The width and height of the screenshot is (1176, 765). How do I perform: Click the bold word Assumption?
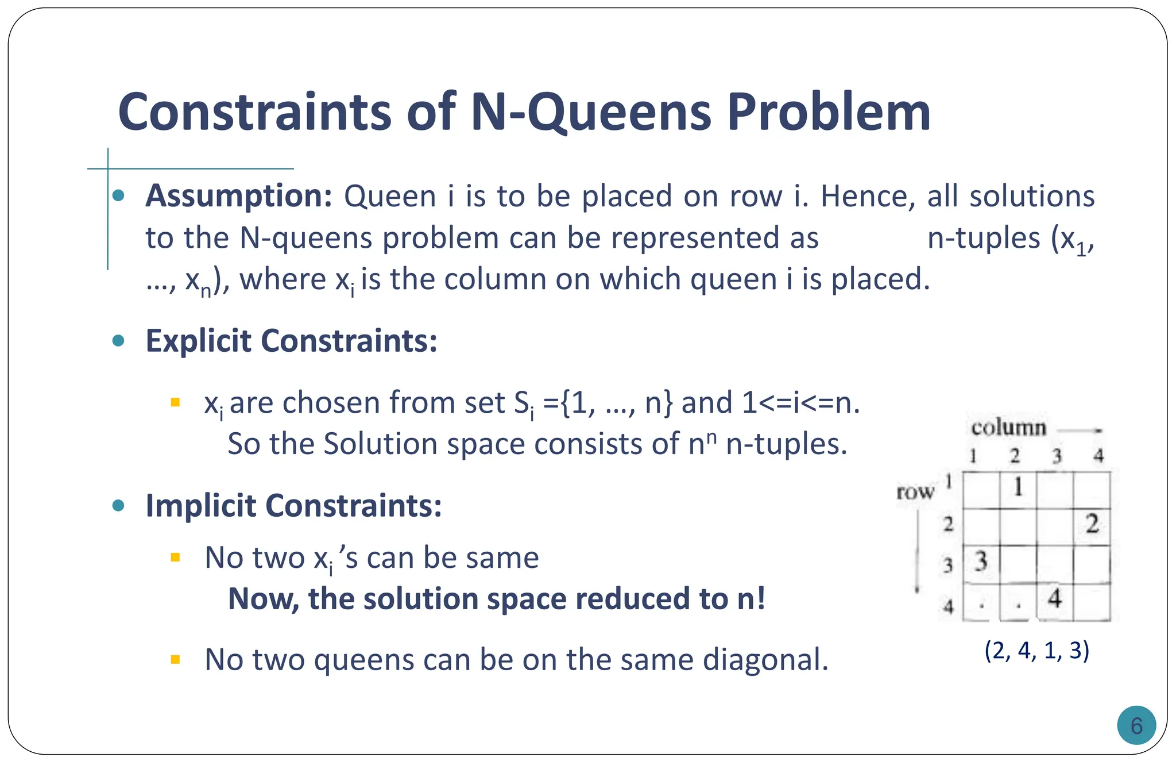pos(239,196)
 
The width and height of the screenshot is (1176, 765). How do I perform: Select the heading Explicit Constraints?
pos(291,341)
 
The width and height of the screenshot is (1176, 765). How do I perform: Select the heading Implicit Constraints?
pos(293,506)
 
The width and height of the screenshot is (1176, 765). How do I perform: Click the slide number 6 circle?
pos(1136,725)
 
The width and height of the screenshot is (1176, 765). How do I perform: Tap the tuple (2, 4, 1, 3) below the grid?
pos(1036,651)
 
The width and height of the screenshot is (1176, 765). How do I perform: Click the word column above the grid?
pos(1008,428)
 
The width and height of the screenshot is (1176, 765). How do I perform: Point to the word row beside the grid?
pos(915,492)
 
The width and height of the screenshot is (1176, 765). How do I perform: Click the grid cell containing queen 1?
pos(1018,489)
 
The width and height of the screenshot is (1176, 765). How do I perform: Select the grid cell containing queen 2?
pos(1092,525)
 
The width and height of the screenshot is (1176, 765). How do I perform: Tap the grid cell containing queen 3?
pos(981,563)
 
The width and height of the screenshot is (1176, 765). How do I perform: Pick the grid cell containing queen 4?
pos(1054,600)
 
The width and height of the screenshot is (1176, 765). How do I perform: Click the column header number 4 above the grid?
pos(1098,456)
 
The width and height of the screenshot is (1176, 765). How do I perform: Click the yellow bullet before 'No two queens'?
pos(176,659)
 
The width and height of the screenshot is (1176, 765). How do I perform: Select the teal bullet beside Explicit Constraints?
pos(119,341)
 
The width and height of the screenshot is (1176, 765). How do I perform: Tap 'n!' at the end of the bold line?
pos(751,599)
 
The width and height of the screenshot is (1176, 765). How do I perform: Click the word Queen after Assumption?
pos(390,197)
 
